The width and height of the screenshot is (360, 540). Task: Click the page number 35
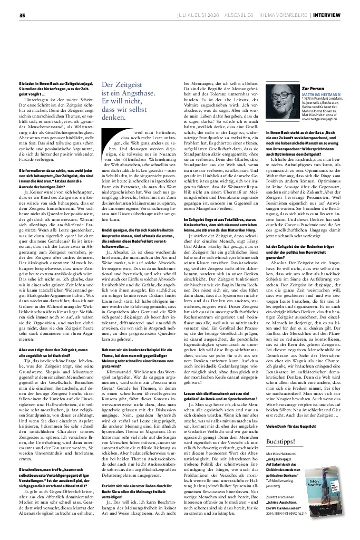pyautogui.click(x=22, y=15)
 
